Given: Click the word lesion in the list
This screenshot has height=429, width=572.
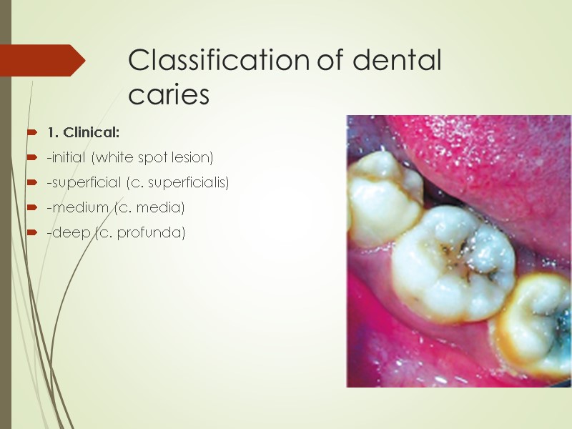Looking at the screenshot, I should tap(194, 157).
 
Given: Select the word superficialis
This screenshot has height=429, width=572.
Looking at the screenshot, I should tap(192, 182).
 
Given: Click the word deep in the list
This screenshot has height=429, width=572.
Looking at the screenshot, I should tap(64, 233).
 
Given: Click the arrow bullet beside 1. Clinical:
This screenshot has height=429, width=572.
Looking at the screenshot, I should tap(31, 132).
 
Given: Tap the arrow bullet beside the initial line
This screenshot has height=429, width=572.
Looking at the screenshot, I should tap(31, 157).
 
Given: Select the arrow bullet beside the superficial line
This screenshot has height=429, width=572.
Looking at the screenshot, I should tap(31, 182).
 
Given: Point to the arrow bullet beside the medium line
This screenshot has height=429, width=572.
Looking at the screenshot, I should tap(31, 207).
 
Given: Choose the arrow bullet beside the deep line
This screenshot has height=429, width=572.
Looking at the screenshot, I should tap(31, 233).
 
